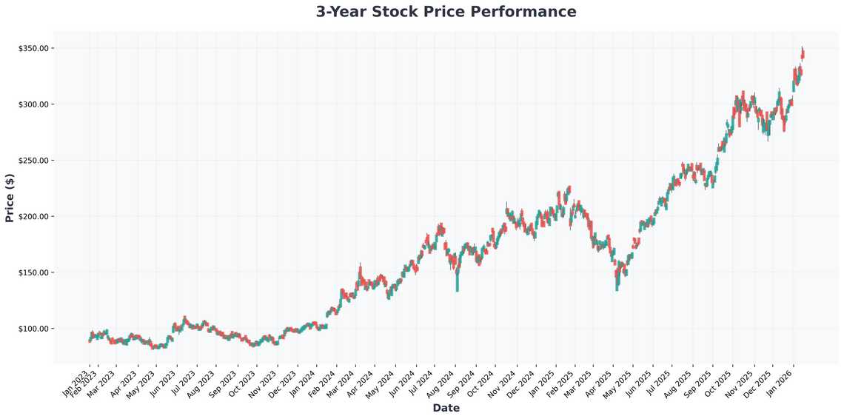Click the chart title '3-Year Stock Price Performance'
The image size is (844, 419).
click(446, 12)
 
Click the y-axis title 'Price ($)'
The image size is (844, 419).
click(10, 197)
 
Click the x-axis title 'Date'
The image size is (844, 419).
click(446, 408)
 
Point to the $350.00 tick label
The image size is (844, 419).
click(33, 48)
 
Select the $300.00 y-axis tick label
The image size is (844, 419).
click(33, 104)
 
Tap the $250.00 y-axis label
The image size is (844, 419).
click(33, 161)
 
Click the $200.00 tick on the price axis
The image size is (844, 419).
click(33, 217)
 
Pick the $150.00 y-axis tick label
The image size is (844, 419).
click(33, 272)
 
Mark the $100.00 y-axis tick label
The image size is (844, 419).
click(33, 329)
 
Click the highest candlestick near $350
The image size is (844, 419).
click(803, 53)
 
